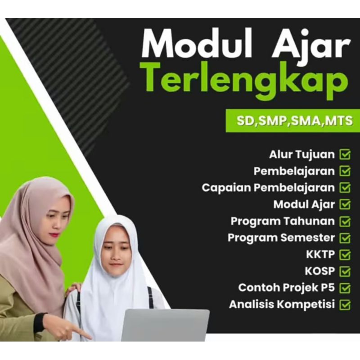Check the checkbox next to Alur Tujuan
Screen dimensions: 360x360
click(x=345, y=155)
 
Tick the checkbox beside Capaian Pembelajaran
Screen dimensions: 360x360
click(x=345, y=188)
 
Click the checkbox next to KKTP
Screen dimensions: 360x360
click(x=345, y=255)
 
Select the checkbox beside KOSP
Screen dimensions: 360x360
click(x=345, y=271)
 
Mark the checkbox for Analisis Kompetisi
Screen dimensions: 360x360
click(x=345, y=305)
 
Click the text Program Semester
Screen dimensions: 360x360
click(x=281, y=238)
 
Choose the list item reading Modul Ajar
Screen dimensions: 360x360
click(x=304, y=204)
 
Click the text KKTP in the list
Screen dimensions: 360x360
click(x=320, y=254)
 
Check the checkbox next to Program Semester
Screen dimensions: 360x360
click(x=345, y=238)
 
